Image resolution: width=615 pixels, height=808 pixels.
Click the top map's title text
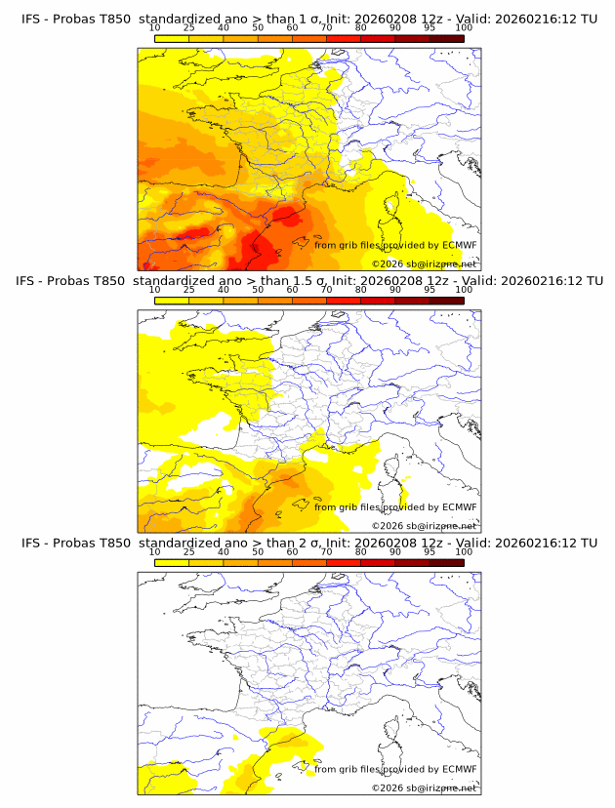(x=308, y=20)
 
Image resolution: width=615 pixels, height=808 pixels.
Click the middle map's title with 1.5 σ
(x=308, y=281)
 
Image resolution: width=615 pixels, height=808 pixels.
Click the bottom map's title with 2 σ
(x=308, y=543)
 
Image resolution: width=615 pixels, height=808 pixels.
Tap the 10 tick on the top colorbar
(x=155, y=28)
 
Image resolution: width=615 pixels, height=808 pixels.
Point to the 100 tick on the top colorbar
(x=464, y=28)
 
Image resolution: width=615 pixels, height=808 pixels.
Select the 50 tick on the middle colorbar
(x=258, y=290)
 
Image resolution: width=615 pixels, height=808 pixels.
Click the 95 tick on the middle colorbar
(x=430, y=290)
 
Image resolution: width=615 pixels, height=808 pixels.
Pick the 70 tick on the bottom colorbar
(x=326, y=551)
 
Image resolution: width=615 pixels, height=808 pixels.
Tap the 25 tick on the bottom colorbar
(x=188, y=551)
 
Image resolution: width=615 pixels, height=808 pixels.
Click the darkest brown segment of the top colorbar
(x=446, y=38)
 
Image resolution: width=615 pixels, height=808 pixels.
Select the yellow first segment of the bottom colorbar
(x=172, y=562)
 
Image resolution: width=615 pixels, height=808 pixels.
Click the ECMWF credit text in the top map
(x=395, y=245)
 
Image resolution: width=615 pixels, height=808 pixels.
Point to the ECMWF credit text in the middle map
(x=395, y=506)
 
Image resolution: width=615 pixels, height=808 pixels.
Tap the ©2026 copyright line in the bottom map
(x=424, y=788)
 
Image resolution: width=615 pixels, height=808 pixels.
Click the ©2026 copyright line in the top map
(x=424, y=263)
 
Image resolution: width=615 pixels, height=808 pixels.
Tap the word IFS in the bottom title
(x=30, y=543)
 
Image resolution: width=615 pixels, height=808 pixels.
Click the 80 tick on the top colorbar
(x=361, y=28)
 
